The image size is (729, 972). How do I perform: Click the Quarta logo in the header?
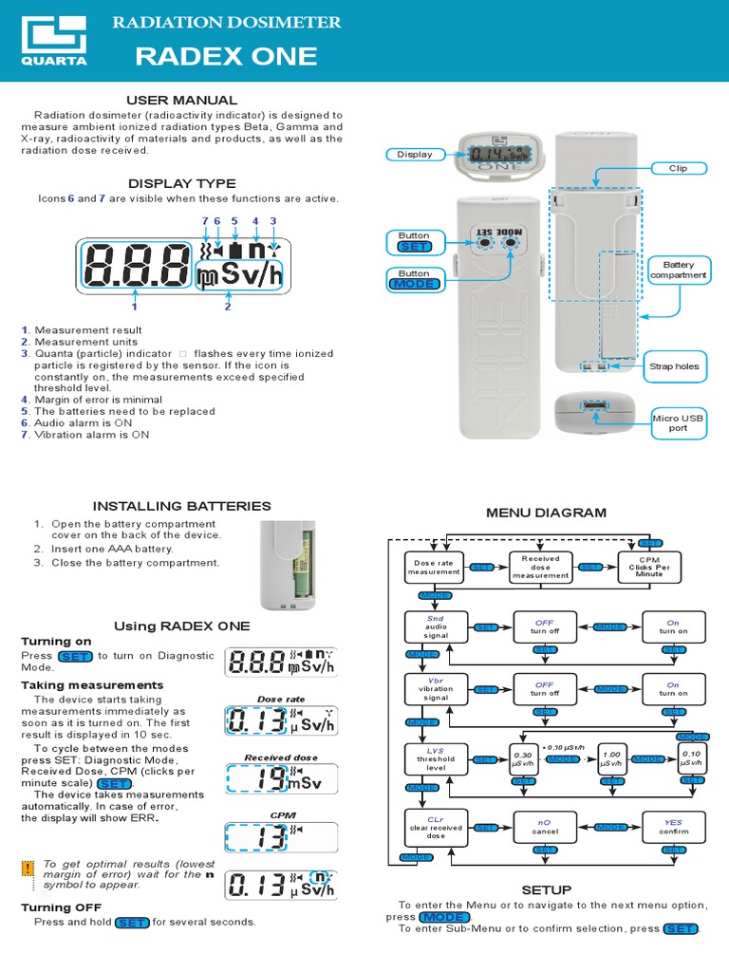[54, 44]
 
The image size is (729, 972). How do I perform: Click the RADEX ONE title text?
[226, 57]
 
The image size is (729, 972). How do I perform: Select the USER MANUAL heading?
[182, 100]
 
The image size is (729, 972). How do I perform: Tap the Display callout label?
[414, 154]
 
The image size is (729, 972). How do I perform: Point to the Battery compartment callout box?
[678, 271]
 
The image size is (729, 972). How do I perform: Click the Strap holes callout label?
[674, 365]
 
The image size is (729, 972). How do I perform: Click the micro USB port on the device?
[597, 407]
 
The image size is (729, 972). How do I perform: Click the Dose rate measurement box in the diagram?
[434, 568]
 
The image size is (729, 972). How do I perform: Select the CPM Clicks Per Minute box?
[649, 567]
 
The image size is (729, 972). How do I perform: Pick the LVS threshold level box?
[434, 759]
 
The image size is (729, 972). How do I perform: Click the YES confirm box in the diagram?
[673, 826]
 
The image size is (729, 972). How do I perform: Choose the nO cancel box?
[544, 826]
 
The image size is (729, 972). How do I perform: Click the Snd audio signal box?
[434, 627]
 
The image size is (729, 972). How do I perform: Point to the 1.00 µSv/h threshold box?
[611, 759]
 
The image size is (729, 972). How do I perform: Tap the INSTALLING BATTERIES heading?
[181, 506]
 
